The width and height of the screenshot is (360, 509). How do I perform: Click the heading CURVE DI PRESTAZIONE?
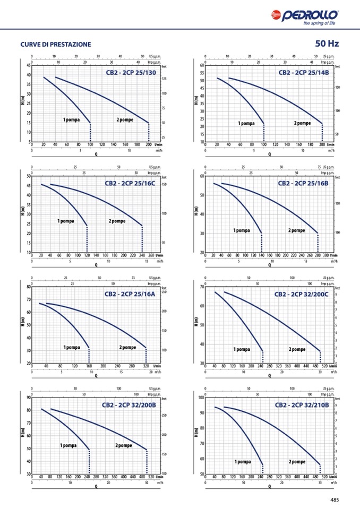point(55,44)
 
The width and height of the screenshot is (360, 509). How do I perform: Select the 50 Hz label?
point(327,44)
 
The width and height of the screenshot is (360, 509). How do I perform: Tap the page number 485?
point(334,499)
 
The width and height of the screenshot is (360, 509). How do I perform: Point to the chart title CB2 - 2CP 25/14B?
point(304,72)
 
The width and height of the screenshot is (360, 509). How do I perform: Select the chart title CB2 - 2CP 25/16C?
point(130,183)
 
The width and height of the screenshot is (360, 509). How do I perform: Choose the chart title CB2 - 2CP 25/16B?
point(303,183)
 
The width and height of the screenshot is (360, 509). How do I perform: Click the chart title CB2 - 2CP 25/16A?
point(130,294)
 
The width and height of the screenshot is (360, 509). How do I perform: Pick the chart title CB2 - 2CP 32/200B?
point(129,405)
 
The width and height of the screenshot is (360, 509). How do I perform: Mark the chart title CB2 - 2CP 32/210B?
point(302,405)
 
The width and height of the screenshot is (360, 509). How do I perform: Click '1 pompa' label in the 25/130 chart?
point(71,120)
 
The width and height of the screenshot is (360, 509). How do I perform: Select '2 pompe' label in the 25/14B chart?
point(302,123)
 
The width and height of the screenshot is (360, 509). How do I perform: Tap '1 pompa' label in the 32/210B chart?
point(243,462)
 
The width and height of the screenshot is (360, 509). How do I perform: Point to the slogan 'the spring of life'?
point(319,23)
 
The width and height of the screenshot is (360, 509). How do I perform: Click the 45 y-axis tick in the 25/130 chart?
point(28,65)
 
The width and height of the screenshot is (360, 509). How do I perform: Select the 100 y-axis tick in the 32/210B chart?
point(201,398)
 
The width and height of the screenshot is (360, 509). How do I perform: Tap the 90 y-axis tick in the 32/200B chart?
point(28,398)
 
